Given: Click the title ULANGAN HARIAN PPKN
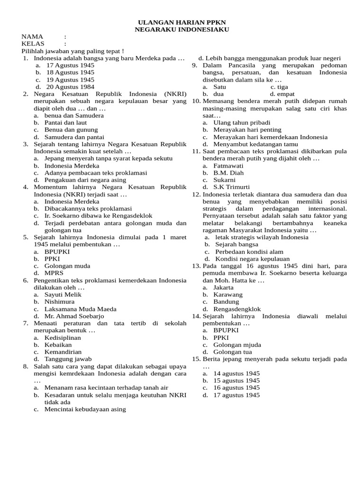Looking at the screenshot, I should coord(182,22).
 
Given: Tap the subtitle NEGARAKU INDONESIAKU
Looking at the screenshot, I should coord(182,29).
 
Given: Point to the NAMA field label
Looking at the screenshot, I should coord(32,37).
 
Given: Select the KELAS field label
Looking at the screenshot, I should coord(33,44).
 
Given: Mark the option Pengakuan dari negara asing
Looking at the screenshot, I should coord(85,180).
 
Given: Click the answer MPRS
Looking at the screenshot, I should coord(54,273).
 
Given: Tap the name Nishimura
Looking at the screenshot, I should coord(60,301).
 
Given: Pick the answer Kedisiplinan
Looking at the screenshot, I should coord(63,337).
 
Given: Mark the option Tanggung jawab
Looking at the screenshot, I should coord(68,359).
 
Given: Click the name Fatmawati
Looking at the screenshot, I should coord(228,166).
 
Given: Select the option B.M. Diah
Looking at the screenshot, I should coord(228,173).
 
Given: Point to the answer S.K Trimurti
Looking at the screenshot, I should coord(232,187).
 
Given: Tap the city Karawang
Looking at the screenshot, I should coord(228,294).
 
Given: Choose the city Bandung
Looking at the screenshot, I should coord(227,301).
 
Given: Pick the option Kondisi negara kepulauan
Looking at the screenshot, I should coord(253,259).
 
